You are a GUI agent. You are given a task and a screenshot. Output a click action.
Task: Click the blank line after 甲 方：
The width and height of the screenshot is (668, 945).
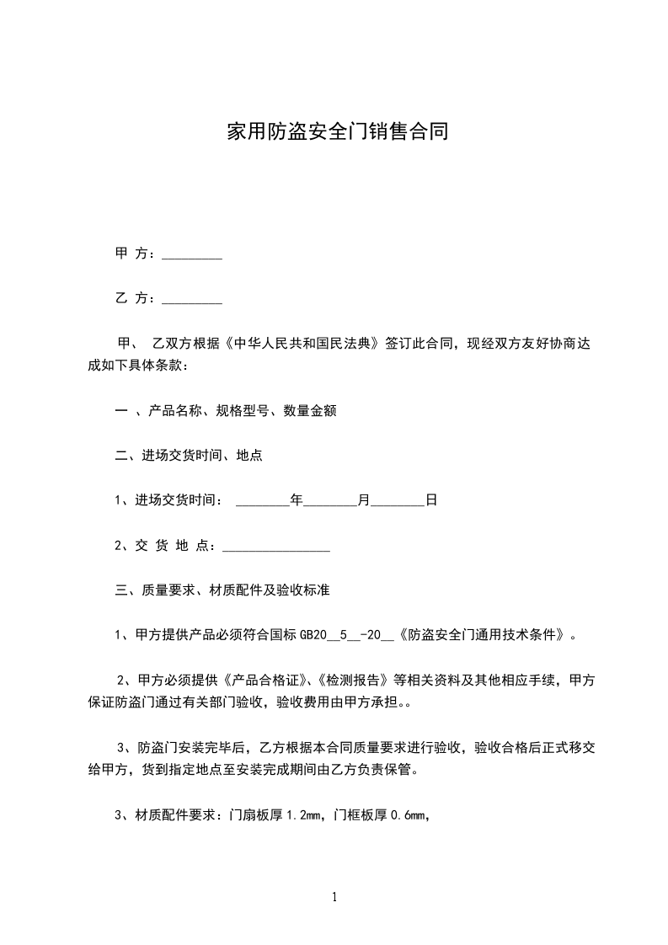191,254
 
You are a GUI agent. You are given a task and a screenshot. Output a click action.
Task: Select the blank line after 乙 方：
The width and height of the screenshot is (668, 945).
191,298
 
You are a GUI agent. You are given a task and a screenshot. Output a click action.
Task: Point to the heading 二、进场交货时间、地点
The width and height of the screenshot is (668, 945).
188,456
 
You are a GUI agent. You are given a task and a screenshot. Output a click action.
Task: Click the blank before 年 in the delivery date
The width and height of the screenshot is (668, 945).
262,500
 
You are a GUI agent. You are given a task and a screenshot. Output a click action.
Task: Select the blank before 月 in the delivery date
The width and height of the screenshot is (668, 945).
329,500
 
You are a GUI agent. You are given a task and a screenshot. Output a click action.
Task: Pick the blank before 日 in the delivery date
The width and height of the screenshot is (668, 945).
397,500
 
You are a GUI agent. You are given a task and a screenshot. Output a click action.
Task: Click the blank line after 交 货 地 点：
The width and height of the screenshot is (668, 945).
275,546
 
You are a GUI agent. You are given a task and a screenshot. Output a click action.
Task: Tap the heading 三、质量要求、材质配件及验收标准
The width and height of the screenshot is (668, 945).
222,590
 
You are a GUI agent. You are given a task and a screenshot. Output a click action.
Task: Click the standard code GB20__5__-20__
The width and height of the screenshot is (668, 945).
347,636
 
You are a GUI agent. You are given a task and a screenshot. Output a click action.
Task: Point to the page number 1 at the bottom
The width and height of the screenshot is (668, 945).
334,898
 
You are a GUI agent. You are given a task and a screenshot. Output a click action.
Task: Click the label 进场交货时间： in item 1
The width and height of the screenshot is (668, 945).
179,500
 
